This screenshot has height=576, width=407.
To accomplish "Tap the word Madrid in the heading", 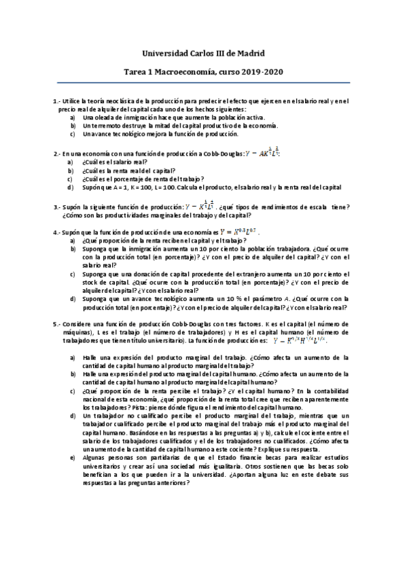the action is [x=250, y=52].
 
